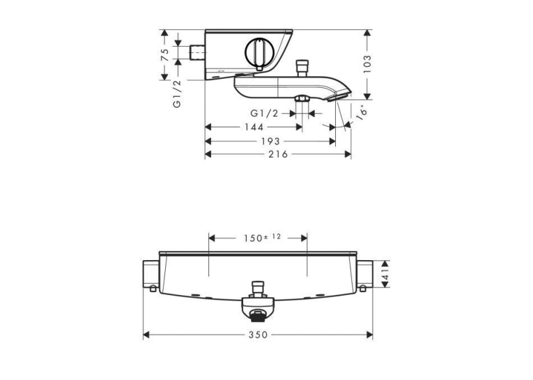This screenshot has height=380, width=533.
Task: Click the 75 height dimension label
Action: [165, 55]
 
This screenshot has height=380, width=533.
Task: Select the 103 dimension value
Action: [367, 64]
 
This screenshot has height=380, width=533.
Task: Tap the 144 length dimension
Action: [254, 127]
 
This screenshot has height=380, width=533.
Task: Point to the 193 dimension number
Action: [270, 141]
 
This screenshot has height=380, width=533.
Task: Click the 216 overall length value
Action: [278, 155]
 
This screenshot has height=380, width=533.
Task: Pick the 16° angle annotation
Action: [362, 112]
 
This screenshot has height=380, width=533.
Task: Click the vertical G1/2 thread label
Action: [177, 94]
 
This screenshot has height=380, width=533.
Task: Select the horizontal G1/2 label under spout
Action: [264, 113]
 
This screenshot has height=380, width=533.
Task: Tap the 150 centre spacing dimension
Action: [262, 238]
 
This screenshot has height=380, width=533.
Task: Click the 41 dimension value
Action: [385, 274]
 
